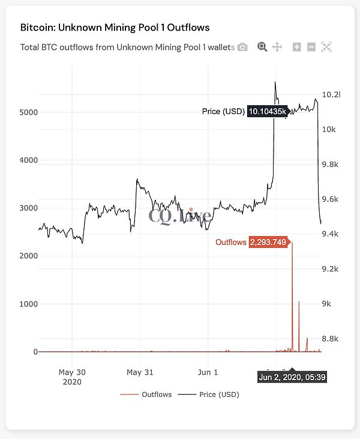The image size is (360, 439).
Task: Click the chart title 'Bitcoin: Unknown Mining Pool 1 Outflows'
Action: pos(115,28)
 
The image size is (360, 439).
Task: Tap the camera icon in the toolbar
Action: pos(242,47)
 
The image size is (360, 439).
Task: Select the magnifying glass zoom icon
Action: pos(262,47)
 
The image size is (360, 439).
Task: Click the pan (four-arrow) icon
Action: pos(277,47)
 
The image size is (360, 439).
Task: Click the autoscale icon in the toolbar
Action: pos(326,47)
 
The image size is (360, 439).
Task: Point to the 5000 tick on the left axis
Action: pos(28,112)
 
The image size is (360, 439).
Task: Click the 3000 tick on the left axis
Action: pos(28,208)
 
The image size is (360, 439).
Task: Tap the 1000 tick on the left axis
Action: pos(28,304)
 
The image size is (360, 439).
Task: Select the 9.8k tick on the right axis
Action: pos(330,164)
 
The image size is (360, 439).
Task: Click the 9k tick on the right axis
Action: pos(327,304)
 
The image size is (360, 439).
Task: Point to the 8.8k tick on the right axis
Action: pos(330,339)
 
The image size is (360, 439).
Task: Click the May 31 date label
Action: pos(140,372)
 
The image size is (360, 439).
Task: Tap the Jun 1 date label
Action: pos(208,372)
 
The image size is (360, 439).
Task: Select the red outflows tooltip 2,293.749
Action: pos(268,243)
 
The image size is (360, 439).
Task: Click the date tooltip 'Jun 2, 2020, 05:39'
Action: pos(292,378)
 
